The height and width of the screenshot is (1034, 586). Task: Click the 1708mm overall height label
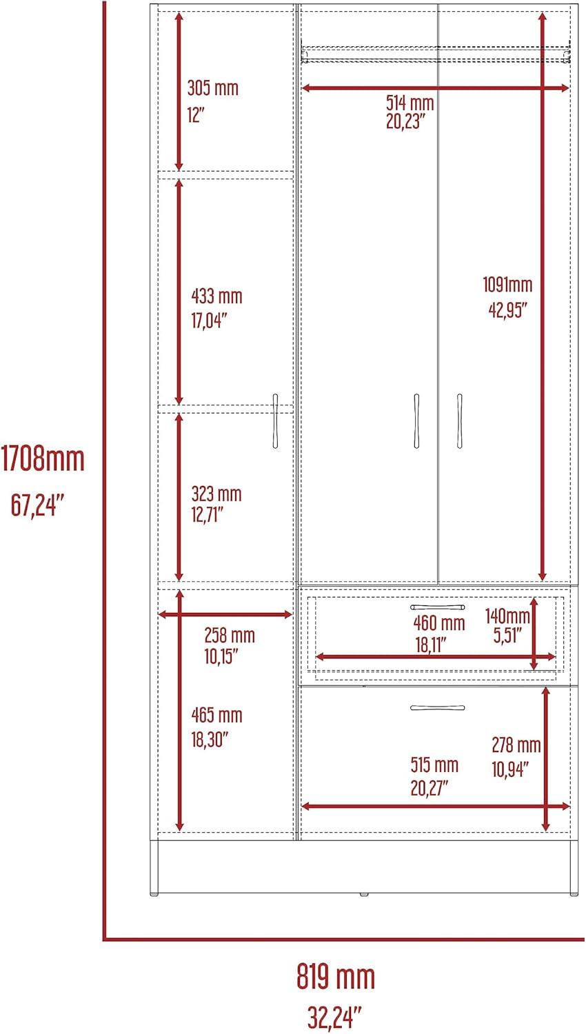point(43,459)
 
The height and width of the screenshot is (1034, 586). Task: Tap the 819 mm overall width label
point(335,977)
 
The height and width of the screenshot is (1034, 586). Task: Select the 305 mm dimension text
point(213,88)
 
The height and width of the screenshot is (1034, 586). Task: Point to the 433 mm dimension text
point(216,296)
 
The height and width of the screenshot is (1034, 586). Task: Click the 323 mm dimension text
point(216,494)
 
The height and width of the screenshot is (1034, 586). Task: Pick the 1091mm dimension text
point(507,284)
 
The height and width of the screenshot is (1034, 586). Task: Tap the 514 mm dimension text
point(410,103)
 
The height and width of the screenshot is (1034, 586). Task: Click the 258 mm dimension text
point(230,636)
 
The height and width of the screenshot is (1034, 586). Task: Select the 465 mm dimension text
point(216,715)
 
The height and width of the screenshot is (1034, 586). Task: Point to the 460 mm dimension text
point(438,623)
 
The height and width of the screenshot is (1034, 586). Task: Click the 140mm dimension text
point(507,616)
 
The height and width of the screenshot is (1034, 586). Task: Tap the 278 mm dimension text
point(516,745)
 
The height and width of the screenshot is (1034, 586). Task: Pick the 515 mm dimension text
point(434,765)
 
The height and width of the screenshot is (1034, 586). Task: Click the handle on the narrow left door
point(275,420)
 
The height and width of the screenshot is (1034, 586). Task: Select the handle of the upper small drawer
point(438,607)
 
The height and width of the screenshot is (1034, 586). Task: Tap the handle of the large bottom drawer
point(438,707)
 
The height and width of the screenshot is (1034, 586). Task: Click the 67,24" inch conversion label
point(37,505)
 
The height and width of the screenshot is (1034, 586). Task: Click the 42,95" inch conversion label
point(507,310)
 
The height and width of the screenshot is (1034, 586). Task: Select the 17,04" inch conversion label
point(209,320)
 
